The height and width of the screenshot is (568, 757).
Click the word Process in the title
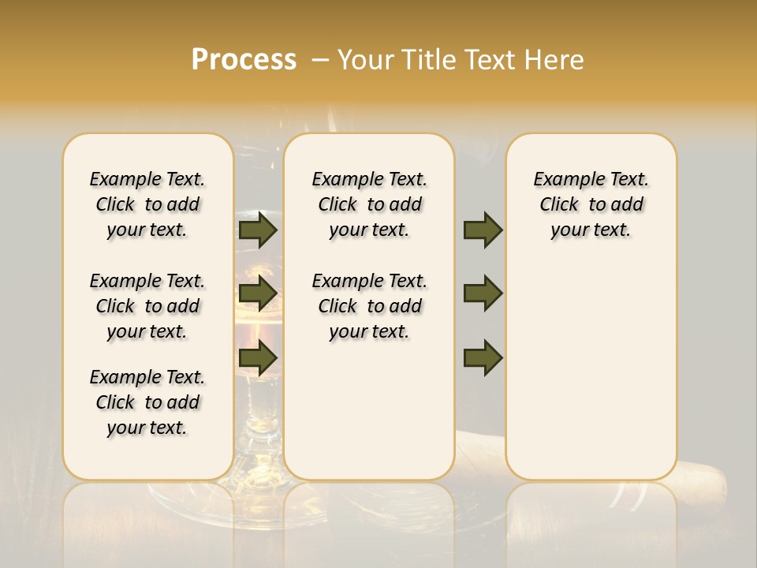(x=244, y=60)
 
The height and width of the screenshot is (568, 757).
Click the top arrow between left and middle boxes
(x=257, y=230)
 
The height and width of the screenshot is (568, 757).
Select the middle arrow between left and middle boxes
(x=257, y=293)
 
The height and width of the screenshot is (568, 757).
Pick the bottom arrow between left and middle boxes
(x=257, y=358)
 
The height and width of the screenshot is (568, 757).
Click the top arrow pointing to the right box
(x=483, y=230)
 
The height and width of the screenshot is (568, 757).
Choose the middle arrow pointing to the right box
(x=483, y=293)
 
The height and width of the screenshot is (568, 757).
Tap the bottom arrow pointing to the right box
(x=483, y=358)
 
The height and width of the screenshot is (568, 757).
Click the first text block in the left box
(x=147, y=204)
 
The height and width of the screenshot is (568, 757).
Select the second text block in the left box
(x=147, y=306)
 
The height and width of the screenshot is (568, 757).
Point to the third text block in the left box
(x=147, y=402)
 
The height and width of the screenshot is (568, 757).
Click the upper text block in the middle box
(x=370, y=204)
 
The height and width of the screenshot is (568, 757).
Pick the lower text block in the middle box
(x=370, y=306)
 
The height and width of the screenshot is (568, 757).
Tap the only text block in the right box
(x=591, y=204)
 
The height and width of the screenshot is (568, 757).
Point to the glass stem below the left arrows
(x=258, y=410)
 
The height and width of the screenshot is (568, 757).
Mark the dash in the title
(x=319, y=60)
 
